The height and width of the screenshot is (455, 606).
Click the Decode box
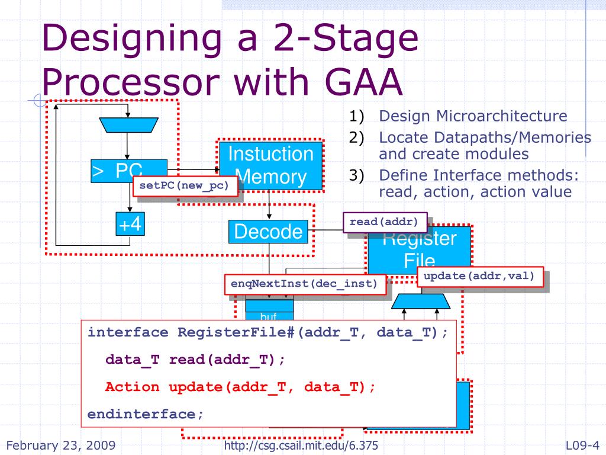(268, 231)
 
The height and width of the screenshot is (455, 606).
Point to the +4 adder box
(131, 225)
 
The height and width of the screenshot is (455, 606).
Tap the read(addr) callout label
(388, 222)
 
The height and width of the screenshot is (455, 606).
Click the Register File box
(420, 249)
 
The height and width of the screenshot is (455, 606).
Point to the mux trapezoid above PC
(128, 124)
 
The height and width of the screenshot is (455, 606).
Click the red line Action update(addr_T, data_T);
(240, 387)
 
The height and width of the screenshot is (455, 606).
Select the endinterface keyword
(145, 414)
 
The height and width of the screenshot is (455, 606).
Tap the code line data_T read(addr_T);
(195, 360)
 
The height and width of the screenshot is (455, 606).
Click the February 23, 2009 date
(60, 446)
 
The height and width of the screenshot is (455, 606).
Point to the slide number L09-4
(582, 446)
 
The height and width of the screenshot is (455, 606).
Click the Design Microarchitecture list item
(473, 116)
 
